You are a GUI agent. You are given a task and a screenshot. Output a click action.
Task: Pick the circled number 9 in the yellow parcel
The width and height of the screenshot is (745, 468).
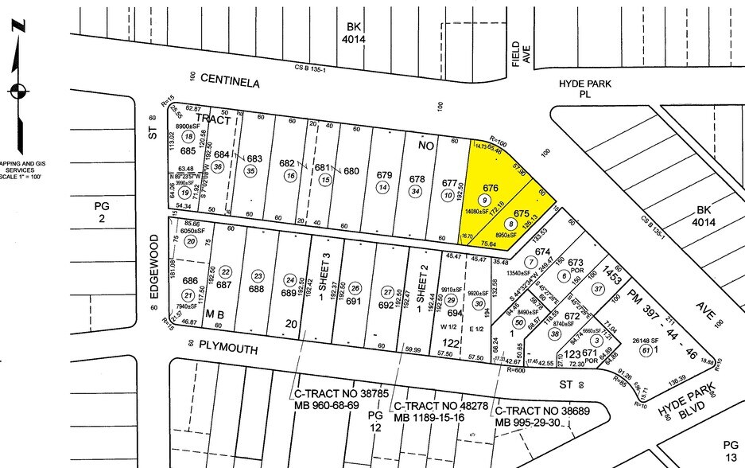click(483, 199)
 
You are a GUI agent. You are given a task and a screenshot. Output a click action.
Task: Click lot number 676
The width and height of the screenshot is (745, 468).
click(490, 187)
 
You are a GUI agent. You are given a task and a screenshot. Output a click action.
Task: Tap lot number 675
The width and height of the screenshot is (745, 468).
click(521, 213)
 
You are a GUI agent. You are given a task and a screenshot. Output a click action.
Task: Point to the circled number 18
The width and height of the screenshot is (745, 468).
click(188, 137)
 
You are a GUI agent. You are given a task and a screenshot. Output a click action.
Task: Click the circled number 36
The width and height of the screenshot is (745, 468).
click(219, 166)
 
